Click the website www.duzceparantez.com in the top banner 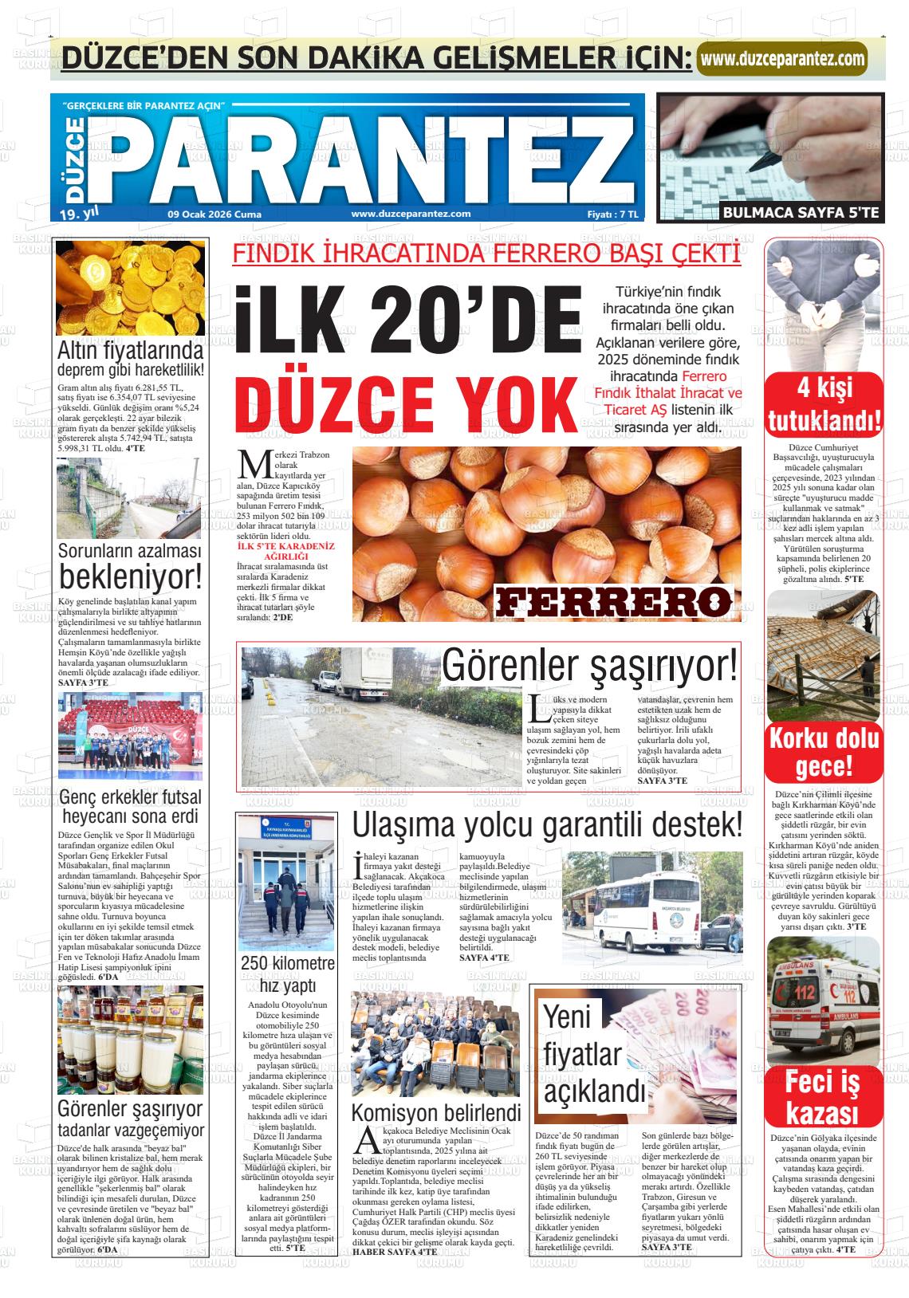(781, 58)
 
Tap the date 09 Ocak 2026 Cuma (214, 214)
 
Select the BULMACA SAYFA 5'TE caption (801, 212)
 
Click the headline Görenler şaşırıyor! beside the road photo (590, 666)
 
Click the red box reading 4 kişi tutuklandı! (824, 404)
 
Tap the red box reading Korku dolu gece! (824, 753)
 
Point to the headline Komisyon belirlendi (436, 1112)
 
